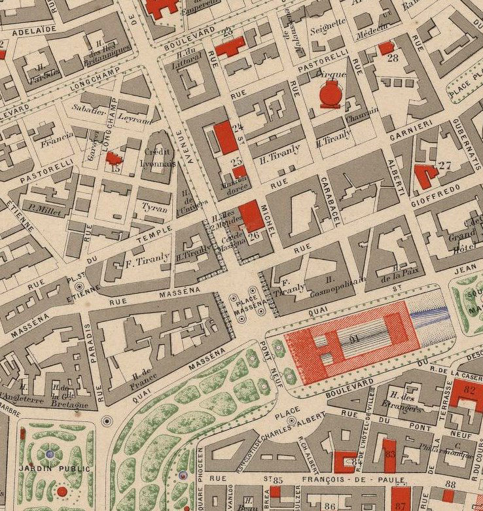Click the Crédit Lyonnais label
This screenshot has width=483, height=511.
[157, 158]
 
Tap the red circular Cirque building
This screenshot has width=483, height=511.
[330, 96]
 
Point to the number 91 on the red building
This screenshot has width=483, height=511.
[355, 338]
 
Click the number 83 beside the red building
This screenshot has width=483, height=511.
[390, 453]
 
